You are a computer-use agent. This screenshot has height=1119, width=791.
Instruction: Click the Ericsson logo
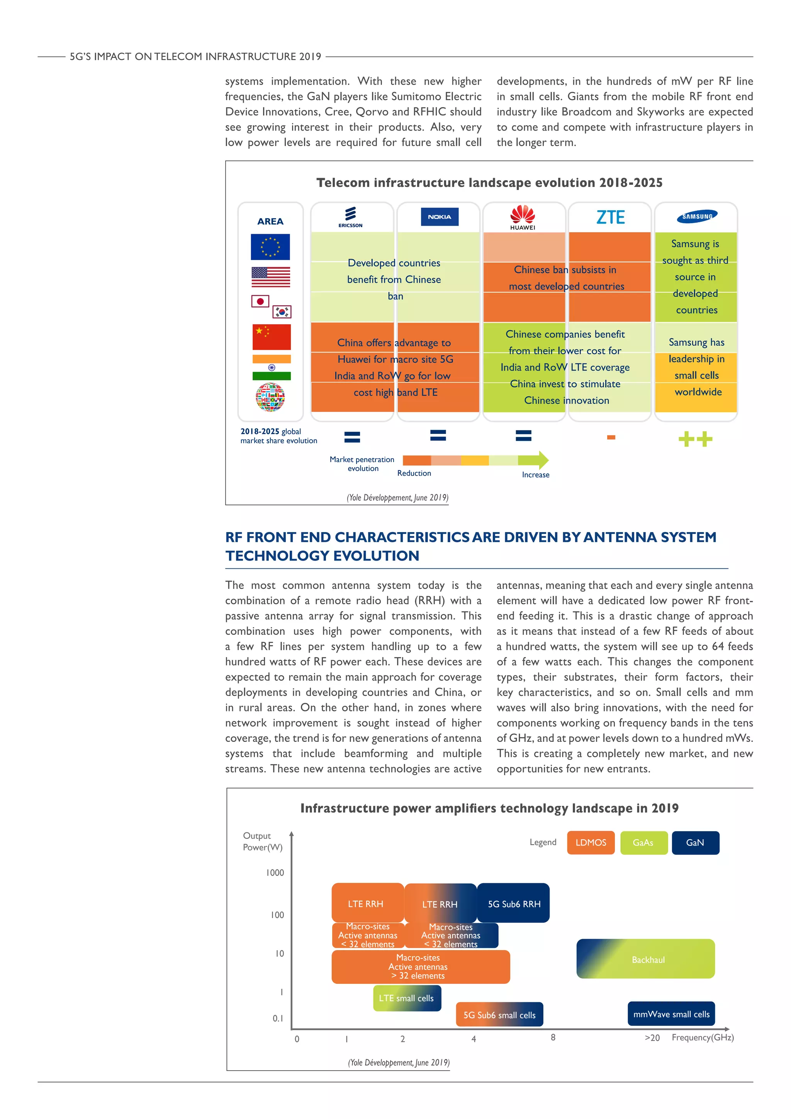[x=350, y=216]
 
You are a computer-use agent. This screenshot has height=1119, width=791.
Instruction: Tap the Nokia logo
[x=439, y=217]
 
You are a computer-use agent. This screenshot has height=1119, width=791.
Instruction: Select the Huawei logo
[x=523, y=217]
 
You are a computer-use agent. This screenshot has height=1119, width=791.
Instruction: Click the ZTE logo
[x=610, y=217]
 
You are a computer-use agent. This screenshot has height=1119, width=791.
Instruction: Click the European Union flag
[x=270, y=247]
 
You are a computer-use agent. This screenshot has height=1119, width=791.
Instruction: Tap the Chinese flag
[x=271, y=337]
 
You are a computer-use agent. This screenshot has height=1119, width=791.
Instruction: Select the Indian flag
[x=271, y=367]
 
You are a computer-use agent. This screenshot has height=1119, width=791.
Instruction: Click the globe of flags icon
[x=270, y=397]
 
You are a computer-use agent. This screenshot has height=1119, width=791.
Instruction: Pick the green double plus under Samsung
[x=695, y=439]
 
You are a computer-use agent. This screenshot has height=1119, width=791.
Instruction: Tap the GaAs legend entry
[x=643, y=843]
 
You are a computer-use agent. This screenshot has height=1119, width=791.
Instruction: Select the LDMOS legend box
[x=590, y=843]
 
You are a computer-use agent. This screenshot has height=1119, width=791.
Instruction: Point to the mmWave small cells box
[x=671, y=1014]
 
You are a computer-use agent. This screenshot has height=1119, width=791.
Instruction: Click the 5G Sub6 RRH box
[x=514, y=903]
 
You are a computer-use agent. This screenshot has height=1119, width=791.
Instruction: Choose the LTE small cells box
[x=407, y=998]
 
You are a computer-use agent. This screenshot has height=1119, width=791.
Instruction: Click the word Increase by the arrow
[x=535, y=475]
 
